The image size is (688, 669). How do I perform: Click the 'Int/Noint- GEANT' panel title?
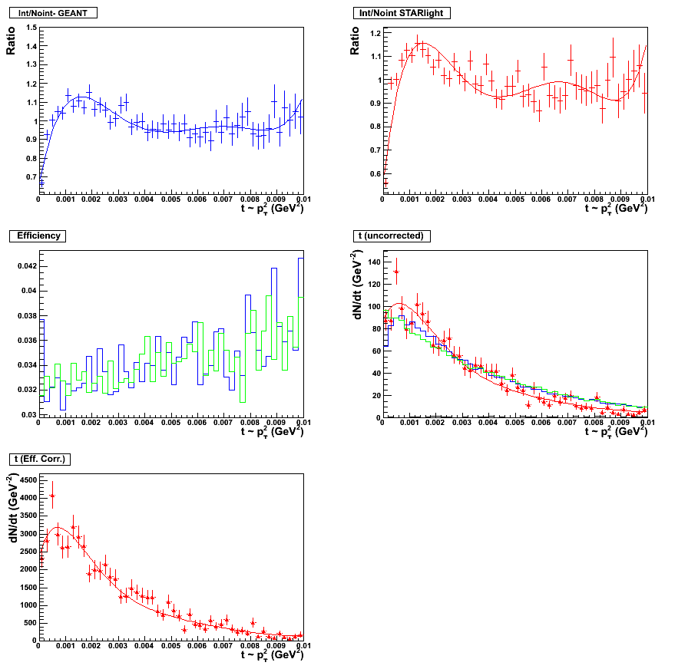point(51,13)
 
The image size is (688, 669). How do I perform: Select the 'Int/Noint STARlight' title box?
point(402,13)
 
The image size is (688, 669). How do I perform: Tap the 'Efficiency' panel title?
point(38,236)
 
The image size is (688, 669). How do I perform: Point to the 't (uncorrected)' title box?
point(392,236)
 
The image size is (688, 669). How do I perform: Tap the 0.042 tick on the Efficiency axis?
point(26,266)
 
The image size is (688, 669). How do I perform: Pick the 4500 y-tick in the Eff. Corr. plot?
point(26,480)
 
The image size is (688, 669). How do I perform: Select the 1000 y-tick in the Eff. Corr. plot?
point(26,605)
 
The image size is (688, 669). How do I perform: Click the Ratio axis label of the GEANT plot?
point(11,41)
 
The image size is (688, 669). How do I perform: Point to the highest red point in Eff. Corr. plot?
point(52,496)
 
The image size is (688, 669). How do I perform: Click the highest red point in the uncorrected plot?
point(396,272)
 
